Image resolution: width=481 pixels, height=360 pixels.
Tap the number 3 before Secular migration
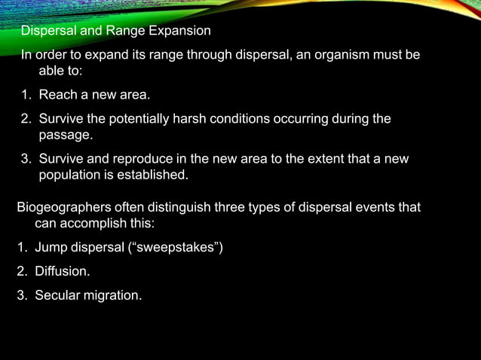[x=20, y=295]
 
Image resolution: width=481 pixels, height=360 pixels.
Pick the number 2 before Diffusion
[x=20, y=271]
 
